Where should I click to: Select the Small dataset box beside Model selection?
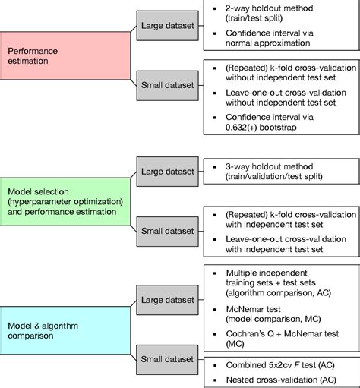click(x=168, y=228)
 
